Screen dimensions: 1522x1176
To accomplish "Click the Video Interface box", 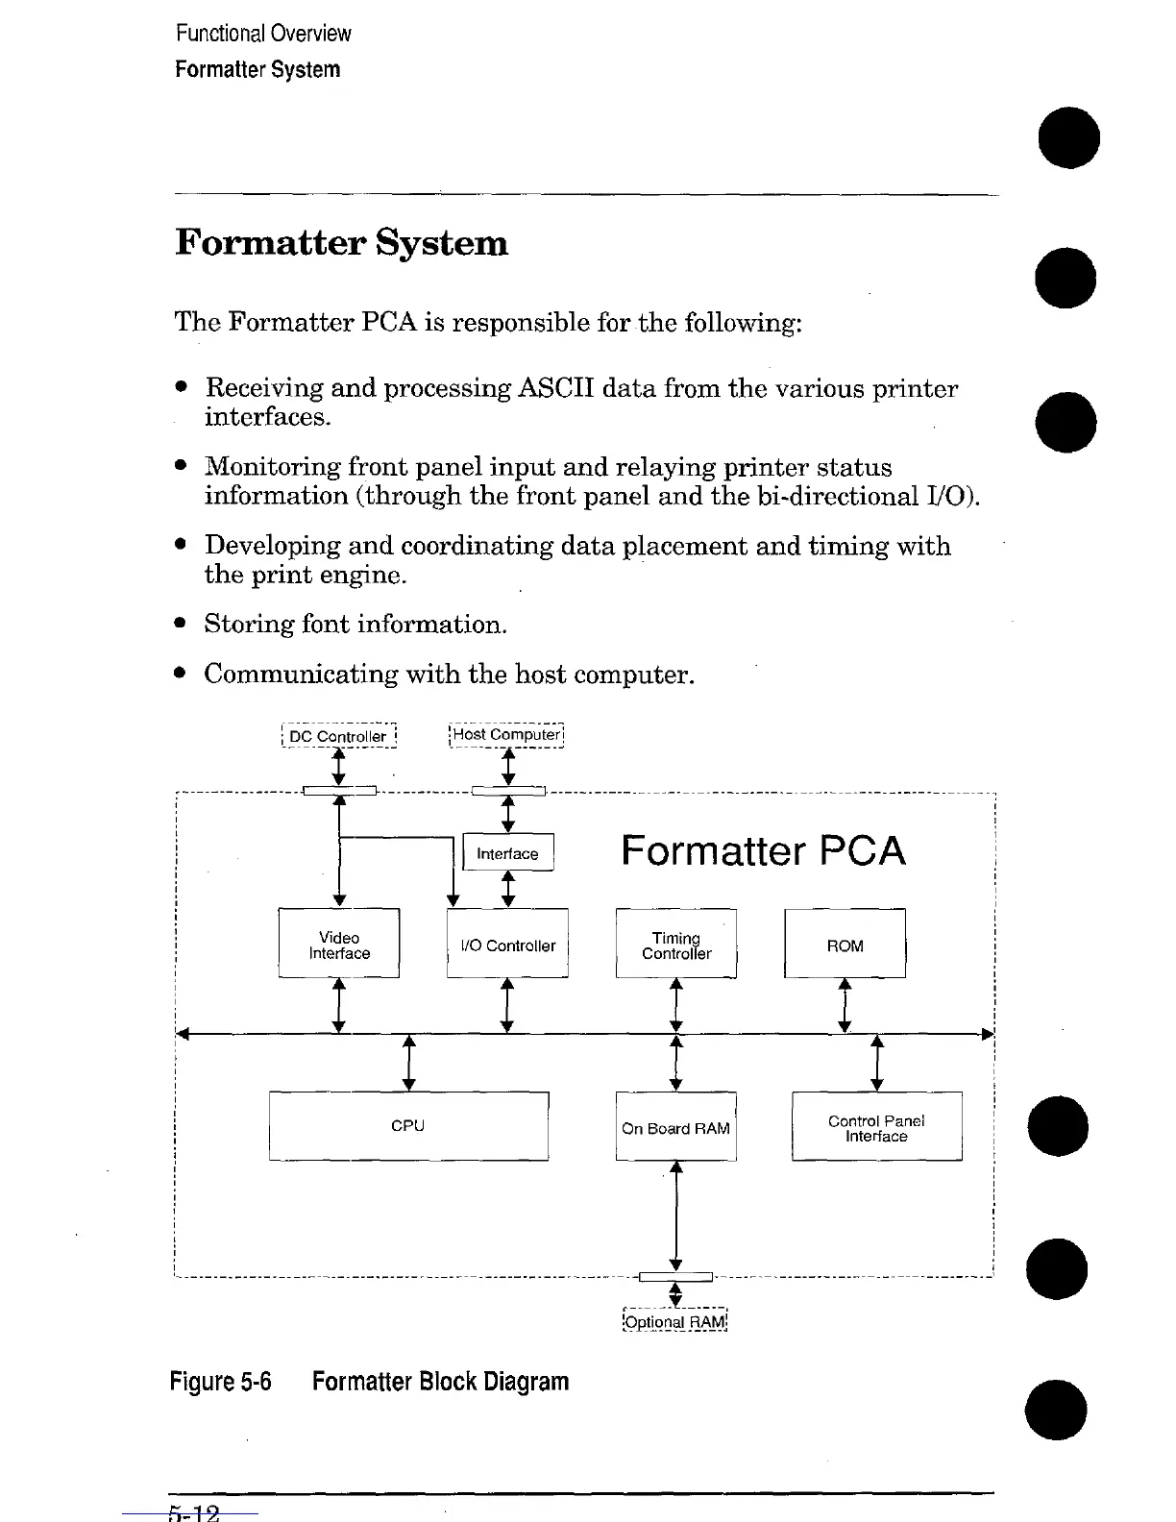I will [x=338, y=944].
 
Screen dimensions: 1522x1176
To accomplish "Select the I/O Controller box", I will [x=507, y=944].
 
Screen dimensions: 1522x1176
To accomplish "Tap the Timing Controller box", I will [x=676, y=944].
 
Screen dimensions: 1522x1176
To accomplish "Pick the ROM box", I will [x=845, y=944].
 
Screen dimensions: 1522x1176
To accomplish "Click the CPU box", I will [x=408, y=1125].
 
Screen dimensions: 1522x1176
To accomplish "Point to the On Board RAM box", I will [x=675, y=1126].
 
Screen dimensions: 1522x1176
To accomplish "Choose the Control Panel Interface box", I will [x=876, y=1126].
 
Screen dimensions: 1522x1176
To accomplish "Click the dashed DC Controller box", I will [x=338, y=736].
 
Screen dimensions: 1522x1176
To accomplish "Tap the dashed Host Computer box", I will [x=507, y=735].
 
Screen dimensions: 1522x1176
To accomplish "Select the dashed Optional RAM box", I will [x=675, y=1321].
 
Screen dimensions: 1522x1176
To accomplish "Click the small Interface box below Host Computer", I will [x=508, y=853].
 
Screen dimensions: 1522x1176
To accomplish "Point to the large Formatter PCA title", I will [x=763, y=851].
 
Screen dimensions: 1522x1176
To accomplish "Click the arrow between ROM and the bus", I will [x=845, y=1005].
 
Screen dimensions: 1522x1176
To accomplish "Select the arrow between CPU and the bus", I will [x=408, y=1063].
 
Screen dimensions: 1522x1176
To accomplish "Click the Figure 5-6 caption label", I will [x=220, y=1382].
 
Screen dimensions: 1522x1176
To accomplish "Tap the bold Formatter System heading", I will [x=341, y=242].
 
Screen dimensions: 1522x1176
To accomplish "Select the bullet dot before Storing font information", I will [x=181, y=625].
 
